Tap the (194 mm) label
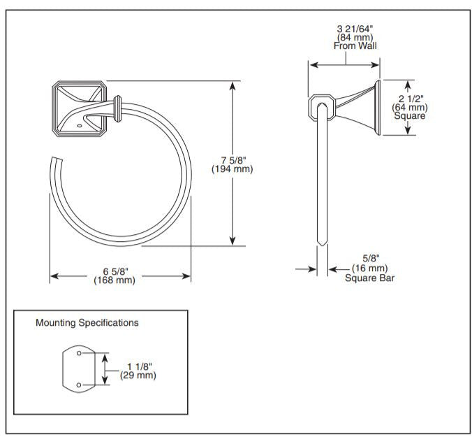pyautogui.click(x=232, y=169)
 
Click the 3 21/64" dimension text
pyautogui.click(x=355, y=28)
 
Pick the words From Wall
pyautogui.click(x=355, y=46)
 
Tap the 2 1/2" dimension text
pyautogui.click(x=410, y=99)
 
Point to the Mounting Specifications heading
pyautogui.click(x=87, y=323)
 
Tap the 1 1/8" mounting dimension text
pyautogui.click(x=140, y=366)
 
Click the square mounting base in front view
pyautogui.click(x=78, y=108)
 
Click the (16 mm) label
pyautogui.click(x=368, y=268)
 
